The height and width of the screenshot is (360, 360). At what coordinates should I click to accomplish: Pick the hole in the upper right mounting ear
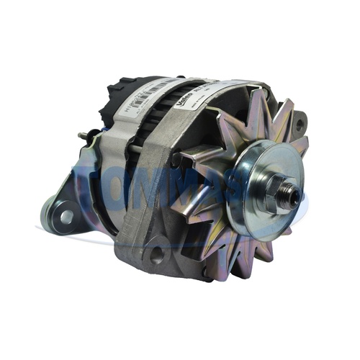[x=297, y=123]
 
